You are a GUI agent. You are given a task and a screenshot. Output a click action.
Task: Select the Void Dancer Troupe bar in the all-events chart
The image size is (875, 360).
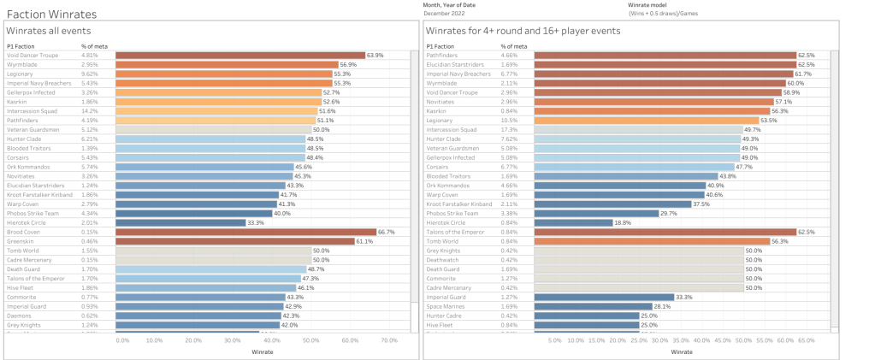(x=239, y=55)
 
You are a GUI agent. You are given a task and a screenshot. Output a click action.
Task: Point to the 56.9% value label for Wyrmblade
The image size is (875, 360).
(x=348, y=64)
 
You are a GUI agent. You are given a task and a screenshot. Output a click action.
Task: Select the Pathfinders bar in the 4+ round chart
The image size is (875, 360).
(x=665, y=55)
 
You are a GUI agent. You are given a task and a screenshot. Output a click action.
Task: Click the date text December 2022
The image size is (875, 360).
(x=447, y=14)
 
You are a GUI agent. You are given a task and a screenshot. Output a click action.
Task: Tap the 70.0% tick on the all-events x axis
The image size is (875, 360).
(x=389, y=340)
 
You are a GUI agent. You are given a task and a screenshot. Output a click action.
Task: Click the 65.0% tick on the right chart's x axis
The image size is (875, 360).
(x=806, y=340)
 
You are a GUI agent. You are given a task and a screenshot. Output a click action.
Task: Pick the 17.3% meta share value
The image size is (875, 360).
(x=508, y=129)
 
